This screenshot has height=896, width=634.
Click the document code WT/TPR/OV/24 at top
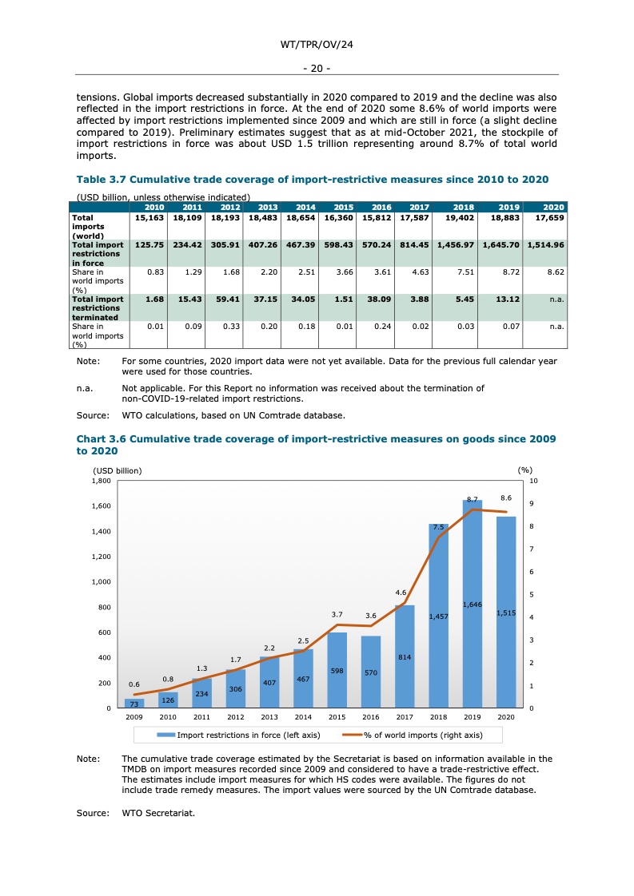(x=317, y=46)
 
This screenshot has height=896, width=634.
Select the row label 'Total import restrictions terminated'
(x=98, y=308)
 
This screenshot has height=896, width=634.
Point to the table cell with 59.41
(x=225, y=299)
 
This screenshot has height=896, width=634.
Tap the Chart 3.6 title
(x=316, y=445)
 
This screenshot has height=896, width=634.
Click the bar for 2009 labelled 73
(x=134, y=704)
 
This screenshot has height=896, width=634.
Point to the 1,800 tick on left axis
(x=102, y=481)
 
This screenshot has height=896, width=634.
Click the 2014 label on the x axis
(x=303, y=718)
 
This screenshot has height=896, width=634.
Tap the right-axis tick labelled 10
(x=533, y=481)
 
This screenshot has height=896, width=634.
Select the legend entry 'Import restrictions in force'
(x=238, y=735)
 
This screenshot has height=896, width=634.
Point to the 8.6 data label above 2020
(x=505, y=498)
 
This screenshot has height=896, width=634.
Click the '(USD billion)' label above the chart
(x=118, y=470)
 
